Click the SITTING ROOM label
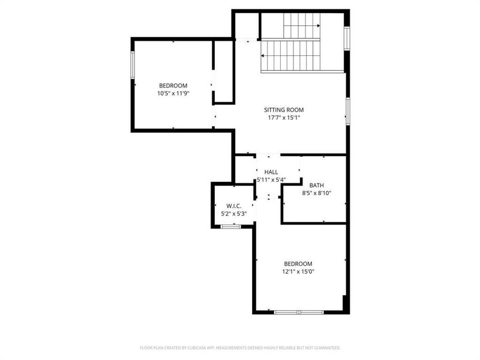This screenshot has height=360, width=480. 284,110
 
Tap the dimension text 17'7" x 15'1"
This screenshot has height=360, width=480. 284,118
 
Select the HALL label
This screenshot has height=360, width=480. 271,172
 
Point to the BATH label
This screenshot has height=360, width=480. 317,185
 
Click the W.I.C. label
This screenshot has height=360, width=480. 234,206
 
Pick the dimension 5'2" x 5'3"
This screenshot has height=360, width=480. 234,214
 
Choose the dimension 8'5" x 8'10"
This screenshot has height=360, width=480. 317,193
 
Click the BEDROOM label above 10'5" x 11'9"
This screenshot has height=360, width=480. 173,85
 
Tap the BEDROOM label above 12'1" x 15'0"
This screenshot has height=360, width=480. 298,263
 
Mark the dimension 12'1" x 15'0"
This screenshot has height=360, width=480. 298,271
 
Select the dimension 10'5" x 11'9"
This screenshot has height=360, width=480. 173,93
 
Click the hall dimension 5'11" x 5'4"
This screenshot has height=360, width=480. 271,179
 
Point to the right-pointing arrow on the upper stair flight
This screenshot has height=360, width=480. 317,26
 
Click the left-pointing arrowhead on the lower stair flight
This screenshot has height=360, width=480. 263,56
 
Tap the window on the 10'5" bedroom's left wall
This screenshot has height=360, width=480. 133,65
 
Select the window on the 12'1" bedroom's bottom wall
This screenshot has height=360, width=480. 299,312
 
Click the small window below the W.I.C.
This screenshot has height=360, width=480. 230,226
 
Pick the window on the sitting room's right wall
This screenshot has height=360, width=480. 347,111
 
